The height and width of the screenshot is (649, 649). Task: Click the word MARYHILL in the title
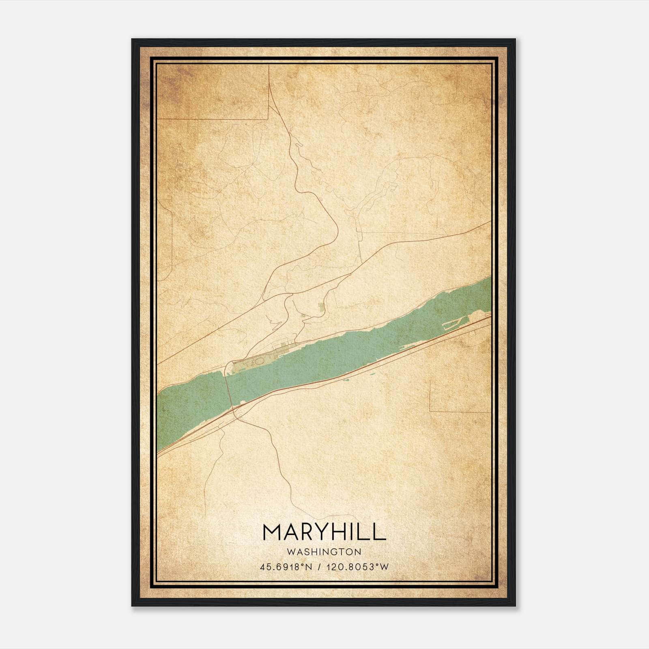pos(324,531)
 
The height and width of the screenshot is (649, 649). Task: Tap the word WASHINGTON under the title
pos(324,552)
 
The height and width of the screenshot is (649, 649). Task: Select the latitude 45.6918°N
pos(286,567)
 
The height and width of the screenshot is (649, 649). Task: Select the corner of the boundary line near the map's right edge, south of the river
pos(430,411)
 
